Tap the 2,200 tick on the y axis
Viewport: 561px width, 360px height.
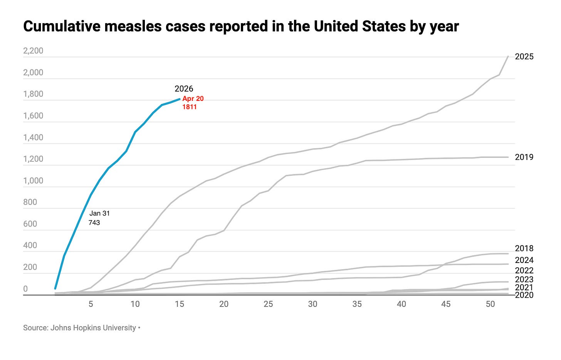[33, 51]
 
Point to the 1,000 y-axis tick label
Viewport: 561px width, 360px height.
[33, 181]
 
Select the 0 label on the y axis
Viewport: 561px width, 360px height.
[25, 289]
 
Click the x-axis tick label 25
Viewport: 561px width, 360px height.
[268, 304]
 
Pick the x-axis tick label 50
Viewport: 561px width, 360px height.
[490, 304]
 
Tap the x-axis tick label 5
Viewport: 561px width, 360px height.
[91, 304]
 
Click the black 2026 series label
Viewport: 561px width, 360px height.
[184, 89]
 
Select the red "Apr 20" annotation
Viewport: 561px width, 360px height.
[193, 99]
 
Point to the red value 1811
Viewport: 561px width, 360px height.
[190, 107]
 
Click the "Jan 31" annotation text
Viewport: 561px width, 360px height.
[99, 213]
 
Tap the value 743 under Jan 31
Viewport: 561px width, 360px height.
[94, 223]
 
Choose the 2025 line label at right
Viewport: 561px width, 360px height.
[524, 57]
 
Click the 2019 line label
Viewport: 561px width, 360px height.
[524, 157]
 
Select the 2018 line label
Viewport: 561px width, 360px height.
[524, 248]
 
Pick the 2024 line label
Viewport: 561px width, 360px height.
[524, 260]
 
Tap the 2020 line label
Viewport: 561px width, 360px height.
[524, 295]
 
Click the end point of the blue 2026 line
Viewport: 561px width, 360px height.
[180, 99]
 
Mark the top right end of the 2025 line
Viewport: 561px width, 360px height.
[508, 57]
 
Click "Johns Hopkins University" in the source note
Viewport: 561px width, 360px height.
[93, 328]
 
